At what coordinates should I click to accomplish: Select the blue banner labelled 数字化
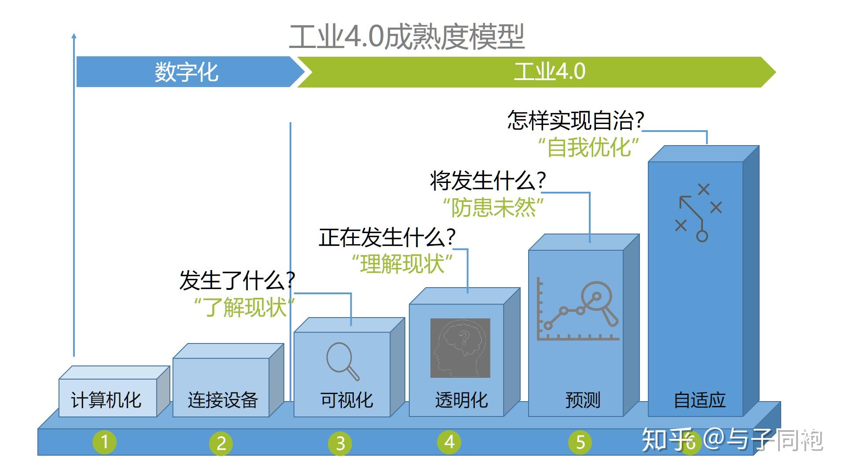coord(187,72)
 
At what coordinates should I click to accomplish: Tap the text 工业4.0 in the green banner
coord(550,72)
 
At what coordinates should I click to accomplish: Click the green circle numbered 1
coord(105,442)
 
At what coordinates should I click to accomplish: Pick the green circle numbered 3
coord(340,443)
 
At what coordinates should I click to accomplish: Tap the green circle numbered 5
coord(580,442)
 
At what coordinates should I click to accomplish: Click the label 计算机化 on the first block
coord(106,400)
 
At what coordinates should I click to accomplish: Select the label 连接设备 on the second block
coord(223,400)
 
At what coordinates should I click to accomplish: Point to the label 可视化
coord(346,400)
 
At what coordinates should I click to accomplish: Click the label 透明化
coord(461,400)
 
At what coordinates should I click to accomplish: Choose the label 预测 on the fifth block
coord(583,400)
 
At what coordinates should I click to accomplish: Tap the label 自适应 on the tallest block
coord(700,400)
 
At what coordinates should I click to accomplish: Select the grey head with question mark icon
coord(460,348)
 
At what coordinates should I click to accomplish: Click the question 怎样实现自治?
coord(576,120)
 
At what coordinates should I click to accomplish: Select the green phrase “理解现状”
coord(402,264)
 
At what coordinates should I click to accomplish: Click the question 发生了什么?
coord(237,280)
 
